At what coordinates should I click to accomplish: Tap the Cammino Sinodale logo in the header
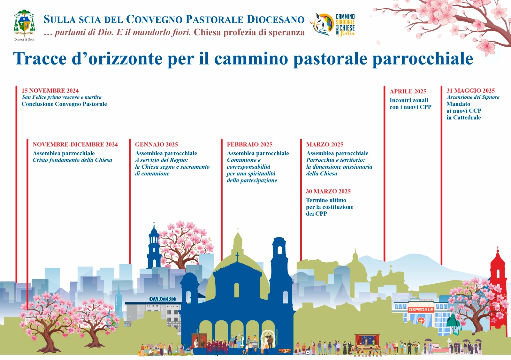coord(333,25)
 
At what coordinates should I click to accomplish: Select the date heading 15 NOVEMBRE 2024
coord(50,91)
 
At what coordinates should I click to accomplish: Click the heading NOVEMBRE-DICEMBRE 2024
coord(75,144)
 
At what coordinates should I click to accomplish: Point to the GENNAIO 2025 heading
coord(156,144)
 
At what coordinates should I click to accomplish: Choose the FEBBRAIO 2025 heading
coord(249,144)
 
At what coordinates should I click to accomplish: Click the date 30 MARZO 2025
coord(328,191)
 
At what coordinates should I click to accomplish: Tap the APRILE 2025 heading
coord(408,91)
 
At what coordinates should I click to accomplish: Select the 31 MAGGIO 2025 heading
coord(470,91)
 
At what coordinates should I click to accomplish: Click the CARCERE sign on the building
coord(163,299)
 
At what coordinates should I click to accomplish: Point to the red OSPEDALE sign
coord(421,310)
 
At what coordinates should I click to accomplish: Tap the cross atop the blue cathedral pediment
coord(237,257)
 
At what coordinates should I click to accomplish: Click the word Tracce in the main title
coord(40,58)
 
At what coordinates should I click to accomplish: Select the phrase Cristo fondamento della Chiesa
coord(72,160)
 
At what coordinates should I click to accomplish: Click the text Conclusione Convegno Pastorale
coord(64,104)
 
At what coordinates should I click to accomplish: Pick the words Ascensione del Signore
coord(473,97)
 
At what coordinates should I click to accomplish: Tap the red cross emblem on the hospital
coord(421,321)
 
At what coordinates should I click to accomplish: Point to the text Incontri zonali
coord(409,100)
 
